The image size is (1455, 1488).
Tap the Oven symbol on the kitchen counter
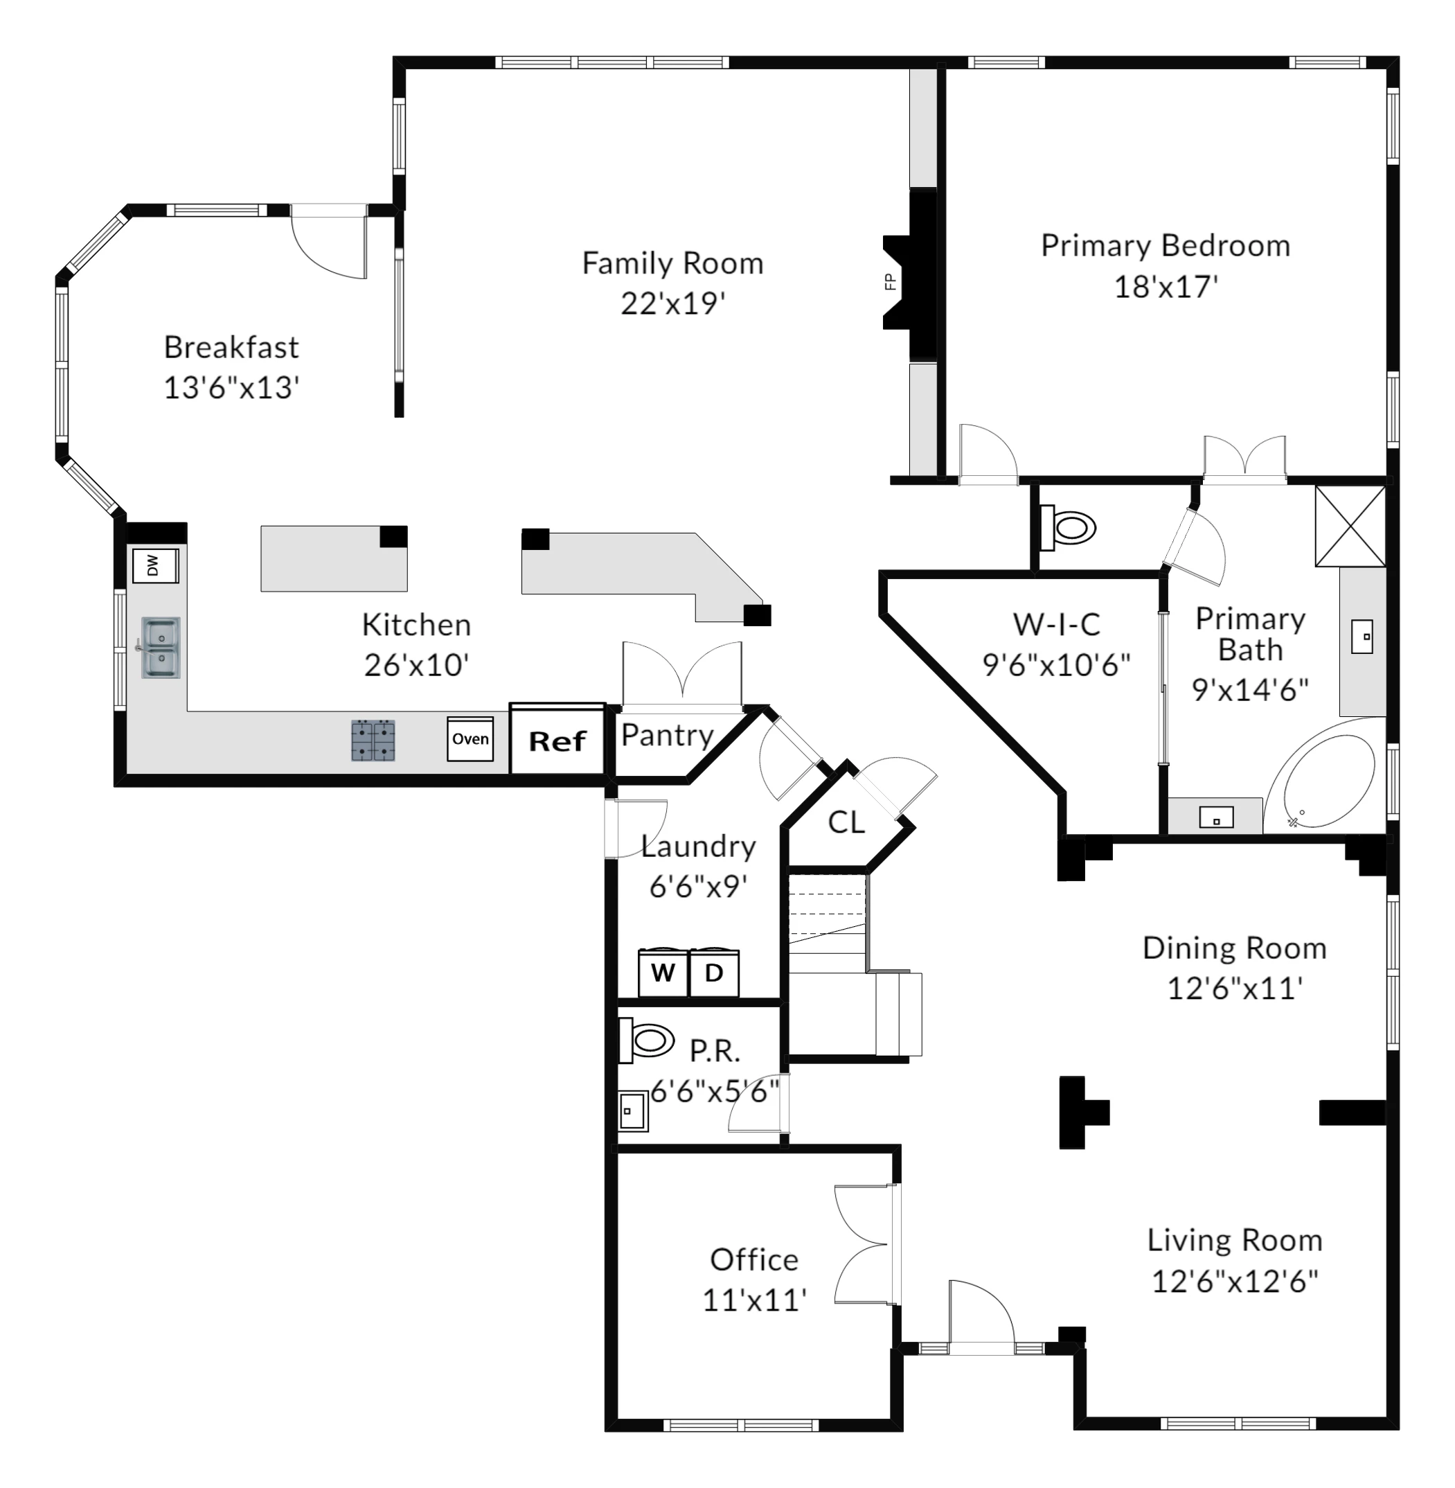pyautogui.click(x=470, y=739)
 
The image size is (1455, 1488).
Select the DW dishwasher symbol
pyautogui.click(x=155, y=565)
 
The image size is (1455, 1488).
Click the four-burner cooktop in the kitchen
pyautogui.click(x=373, y=740)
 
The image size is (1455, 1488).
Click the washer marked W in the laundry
pyautogui.click(x=663, y=973)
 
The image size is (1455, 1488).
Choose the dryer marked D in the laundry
pyautogui.click(x=714, y=973)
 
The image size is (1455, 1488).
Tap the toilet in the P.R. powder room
pyautogui.click(x=645, y=1040)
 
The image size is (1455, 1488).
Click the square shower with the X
pyautogui.click(x=1350, y=526)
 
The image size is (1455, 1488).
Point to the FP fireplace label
pyautogui.click(x=891, y=281)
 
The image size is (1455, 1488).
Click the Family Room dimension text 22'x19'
pyautogui.click(x=672, y=303)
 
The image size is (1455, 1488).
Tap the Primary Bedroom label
pyautogui.click(x=1166, y=245)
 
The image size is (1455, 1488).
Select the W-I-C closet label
pyautogui.click(x=1057, y=624)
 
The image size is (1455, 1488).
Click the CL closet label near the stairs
pyautogui.click(x=847, y=822)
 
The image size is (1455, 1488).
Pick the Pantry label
pyautogui.click(x=667, y=735)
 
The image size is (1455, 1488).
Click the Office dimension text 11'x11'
pyautogui.click(x=754, y=1300)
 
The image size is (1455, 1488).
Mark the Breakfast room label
pyautogui.click(x=231, y=347)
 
